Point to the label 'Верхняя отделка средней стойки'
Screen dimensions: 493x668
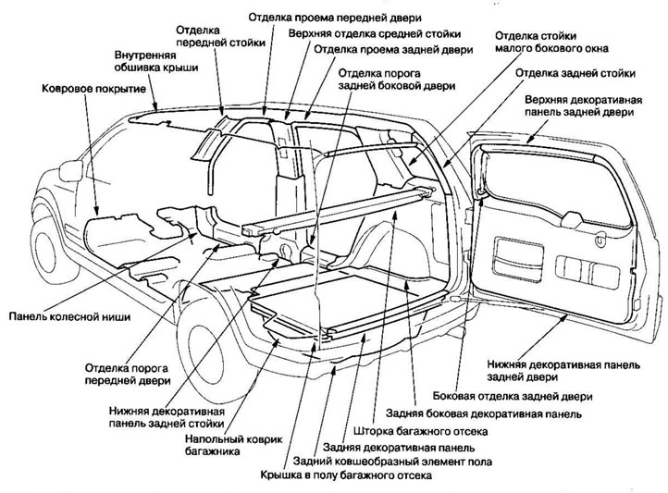374,33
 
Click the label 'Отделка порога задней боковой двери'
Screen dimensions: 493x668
397,80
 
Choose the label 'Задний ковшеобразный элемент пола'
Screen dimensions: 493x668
391,461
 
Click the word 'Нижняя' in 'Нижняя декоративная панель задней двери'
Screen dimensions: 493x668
508,364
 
